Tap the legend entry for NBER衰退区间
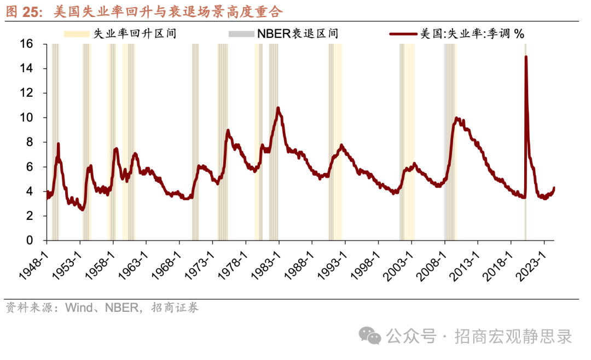tap(298, 33)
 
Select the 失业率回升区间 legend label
tap(135, 33)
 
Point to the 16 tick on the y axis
tap(27, 44)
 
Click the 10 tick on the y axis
tap(27, 118)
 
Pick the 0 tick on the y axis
tap(30, 241)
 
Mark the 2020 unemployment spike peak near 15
tap(526, 56)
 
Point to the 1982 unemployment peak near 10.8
tap(278, 108)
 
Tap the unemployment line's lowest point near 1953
tap(82, 210)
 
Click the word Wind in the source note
tap(77, 307)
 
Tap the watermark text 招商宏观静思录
tap(513, 336)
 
